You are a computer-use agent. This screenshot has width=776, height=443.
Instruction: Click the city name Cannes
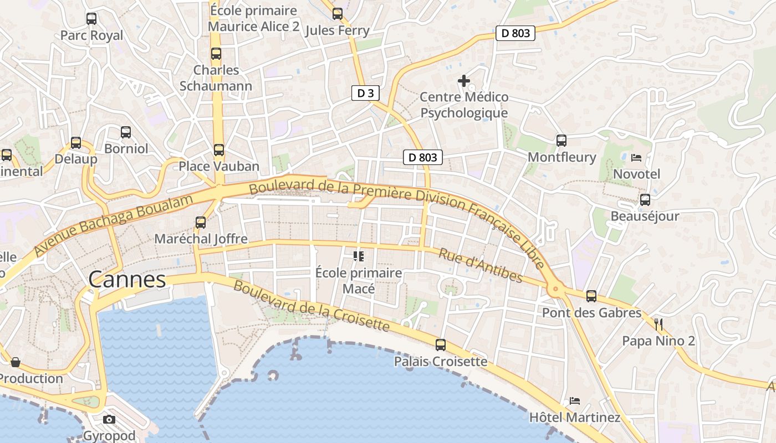127,280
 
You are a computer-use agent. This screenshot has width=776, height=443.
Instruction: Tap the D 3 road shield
365,93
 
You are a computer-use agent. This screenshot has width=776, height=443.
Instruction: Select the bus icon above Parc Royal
91,19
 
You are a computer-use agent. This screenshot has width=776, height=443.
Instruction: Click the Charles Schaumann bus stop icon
216,54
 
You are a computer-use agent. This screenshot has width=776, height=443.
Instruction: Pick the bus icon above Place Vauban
219,150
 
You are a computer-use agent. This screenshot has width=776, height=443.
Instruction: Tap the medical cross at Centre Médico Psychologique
464,81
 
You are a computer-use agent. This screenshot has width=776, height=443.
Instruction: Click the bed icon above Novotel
636,158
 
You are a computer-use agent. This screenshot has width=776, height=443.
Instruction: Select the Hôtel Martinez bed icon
575,401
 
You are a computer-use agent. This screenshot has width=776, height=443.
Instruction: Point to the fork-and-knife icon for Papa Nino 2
658,324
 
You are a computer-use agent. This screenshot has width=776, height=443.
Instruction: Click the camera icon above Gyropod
109,419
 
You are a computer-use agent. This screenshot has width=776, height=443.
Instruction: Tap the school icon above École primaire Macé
358,256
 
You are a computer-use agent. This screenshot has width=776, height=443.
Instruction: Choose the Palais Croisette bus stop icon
441,345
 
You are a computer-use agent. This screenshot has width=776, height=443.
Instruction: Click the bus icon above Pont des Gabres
591,296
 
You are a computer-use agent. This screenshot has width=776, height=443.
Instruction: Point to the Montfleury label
561,157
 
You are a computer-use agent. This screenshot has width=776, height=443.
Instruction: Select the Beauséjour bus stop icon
645,200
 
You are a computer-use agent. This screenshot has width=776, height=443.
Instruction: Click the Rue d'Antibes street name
481,265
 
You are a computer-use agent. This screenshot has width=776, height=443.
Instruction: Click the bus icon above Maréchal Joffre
201,223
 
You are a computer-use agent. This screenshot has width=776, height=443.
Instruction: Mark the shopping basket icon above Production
16,363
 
